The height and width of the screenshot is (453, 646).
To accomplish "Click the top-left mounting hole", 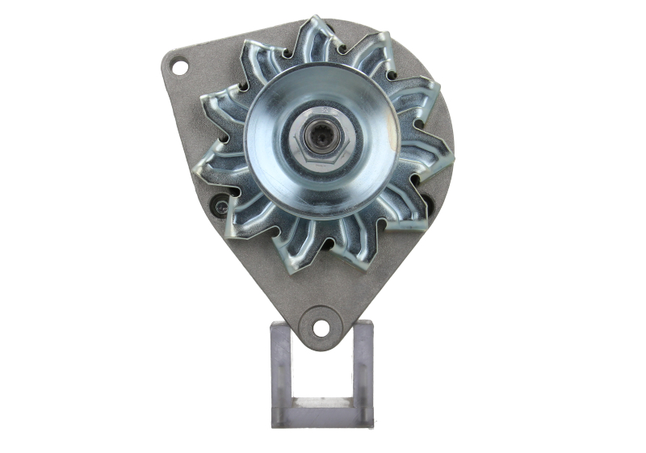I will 179,66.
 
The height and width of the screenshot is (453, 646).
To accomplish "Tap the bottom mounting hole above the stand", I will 321,328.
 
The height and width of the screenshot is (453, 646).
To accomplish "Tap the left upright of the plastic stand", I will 281,371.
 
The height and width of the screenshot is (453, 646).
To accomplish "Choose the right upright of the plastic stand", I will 363,371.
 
